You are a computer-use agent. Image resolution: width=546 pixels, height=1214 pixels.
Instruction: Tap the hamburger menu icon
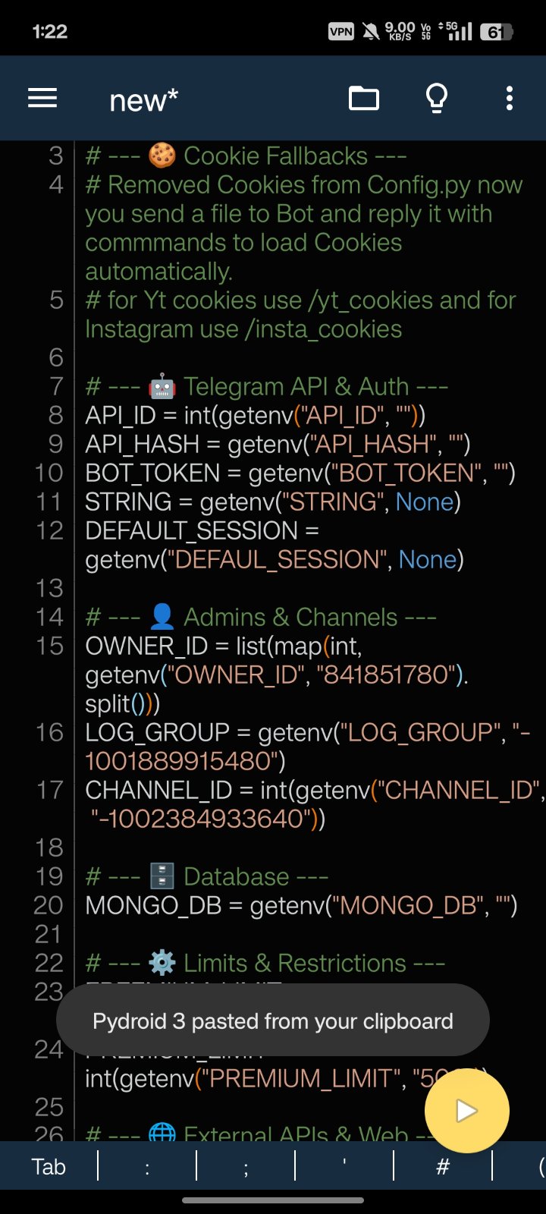coord(42,99)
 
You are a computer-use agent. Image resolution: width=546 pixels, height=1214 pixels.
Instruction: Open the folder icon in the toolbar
coord(364,99)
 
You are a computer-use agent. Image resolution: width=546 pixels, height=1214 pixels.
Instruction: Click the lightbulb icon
coord(437,99)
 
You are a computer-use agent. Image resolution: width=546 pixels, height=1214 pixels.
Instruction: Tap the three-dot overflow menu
coord(510,99)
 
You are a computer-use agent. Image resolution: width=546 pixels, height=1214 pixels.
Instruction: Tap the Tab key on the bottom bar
coord(49,1166)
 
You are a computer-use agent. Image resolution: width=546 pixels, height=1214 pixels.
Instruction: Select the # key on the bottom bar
coord(443,1166)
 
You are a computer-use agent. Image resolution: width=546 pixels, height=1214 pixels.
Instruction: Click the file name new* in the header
coord(143,99)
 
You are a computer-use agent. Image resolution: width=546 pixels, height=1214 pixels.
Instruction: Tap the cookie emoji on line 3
coord(162,156)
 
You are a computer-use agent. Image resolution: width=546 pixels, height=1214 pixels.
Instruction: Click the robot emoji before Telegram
coord(162,387)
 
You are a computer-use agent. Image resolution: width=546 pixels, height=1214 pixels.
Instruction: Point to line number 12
coord(50,530)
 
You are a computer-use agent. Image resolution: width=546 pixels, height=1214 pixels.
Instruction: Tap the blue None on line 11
coord(424,502)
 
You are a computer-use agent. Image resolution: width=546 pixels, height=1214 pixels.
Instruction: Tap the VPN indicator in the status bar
coord(341,31)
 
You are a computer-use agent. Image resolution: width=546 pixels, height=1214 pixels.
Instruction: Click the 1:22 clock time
coord(50,32)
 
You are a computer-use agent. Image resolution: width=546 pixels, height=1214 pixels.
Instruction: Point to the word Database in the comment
coord(236,877)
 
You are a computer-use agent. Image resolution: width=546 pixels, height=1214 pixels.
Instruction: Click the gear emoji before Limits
coord(162,964)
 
